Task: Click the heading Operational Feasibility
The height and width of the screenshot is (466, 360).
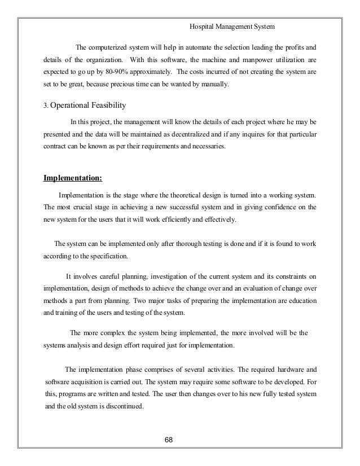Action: click(x=89, y=105)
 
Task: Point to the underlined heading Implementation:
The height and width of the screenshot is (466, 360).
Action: click(x=73, y=179)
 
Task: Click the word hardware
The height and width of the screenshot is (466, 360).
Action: click(x=283, y=370)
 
